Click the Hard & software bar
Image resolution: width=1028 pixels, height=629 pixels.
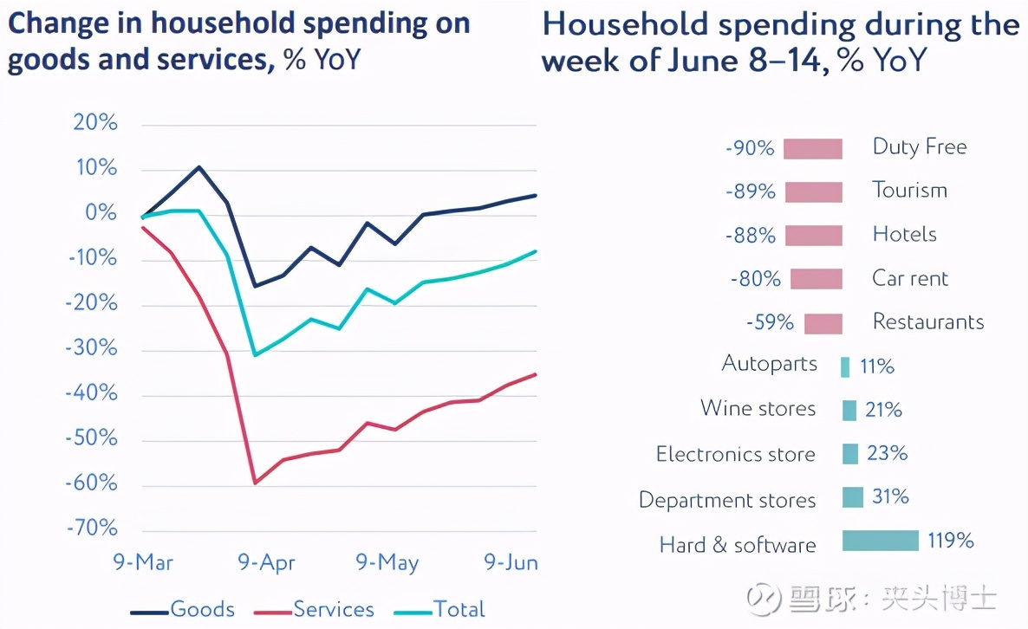point(880,541)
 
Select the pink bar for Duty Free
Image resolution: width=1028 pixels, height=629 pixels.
point(813,149)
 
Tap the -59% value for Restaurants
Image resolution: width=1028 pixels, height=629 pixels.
point(770,323)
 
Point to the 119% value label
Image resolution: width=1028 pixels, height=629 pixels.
point(950,541)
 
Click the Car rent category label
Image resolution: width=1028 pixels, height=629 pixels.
point(910,279)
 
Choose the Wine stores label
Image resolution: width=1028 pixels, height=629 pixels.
point(758,408)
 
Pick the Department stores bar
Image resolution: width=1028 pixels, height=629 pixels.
point(853,497)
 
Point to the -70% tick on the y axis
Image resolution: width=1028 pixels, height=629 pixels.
point(92,528)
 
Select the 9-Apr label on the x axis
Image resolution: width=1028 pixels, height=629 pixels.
point(267,563)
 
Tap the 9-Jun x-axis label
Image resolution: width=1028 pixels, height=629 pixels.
point(511,563)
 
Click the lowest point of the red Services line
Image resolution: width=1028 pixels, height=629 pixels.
point(255,483)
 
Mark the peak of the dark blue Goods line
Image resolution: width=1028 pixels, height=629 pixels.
point(199,167)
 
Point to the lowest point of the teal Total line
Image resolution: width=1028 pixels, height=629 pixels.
point(255,354)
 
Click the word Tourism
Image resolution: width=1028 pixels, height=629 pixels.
point(910,191)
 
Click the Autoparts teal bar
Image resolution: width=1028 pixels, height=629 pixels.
point(845,366)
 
